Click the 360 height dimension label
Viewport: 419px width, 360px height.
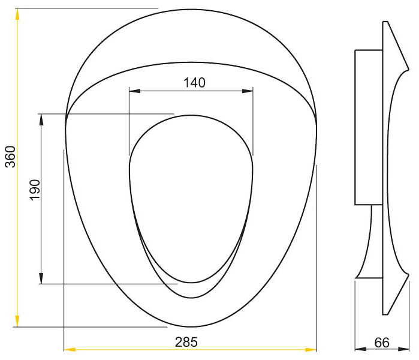[11, 157]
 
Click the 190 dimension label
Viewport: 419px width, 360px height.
[35, 190]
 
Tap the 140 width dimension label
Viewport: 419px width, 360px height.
[194, 83]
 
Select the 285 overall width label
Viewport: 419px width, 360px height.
[186, 342]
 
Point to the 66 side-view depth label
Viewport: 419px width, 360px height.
[382, 343]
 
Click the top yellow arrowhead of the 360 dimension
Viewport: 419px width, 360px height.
[17, 14]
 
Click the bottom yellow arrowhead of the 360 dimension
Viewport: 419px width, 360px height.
[17, 321]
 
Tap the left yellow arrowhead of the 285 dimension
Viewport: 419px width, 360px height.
[70, 349]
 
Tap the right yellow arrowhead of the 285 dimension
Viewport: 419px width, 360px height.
[311, 349]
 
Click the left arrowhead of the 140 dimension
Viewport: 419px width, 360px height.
[135, 91]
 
